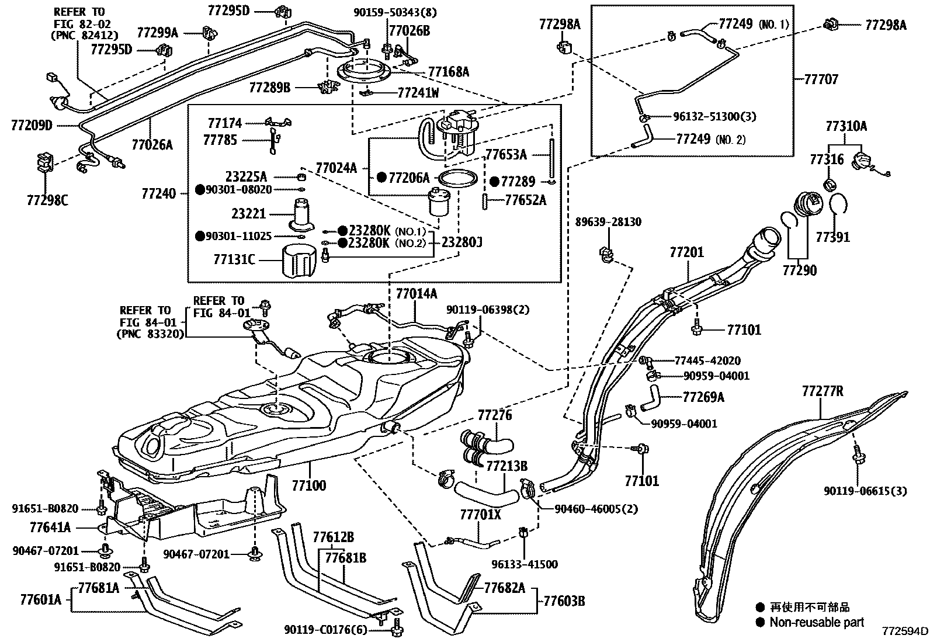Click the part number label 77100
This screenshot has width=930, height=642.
309,484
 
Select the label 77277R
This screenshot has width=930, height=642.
823,391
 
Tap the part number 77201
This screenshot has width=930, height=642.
686,252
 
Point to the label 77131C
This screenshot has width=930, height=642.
234,259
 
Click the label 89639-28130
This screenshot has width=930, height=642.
608,222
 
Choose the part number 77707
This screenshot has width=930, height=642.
821,79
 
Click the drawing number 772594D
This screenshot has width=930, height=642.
904,632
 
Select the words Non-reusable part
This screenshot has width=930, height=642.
816,622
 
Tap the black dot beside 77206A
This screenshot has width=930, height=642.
381,177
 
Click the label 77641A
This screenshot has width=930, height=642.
50,528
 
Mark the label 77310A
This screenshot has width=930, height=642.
846,126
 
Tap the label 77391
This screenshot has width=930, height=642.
832,237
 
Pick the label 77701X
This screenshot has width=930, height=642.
480,515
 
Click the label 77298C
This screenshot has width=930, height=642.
47,200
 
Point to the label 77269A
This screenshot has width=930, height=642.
703,397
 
